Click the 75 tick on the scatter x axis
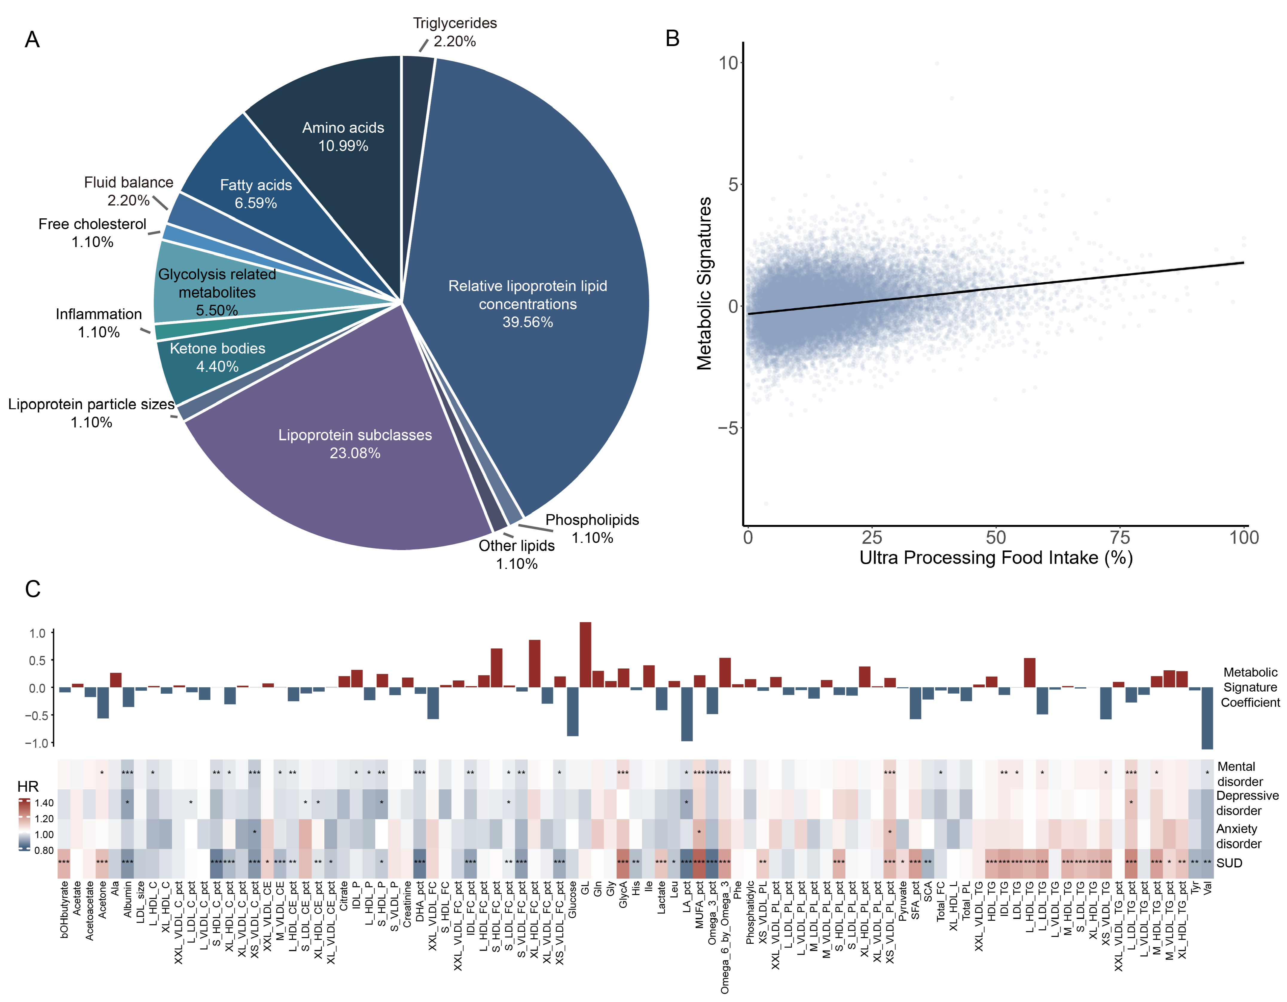[1120, 537]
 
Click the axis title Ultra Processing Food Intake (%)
[996, 558]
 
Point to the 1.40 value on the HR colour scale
[44, 803]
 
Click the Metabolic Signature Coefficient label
[1250, 687]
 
